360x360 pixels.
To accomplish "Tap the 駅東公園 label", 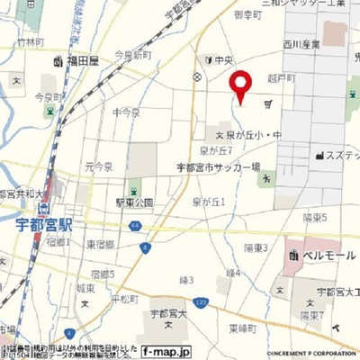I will (x=134, y=203).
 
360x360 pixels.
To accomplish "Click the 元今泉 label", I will (x=98, y=167).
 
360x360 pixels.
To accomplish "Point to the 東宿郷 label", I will (x=101, y=244).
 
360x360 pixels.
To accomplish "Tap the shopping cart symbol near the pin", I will (x=268, y=104).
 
